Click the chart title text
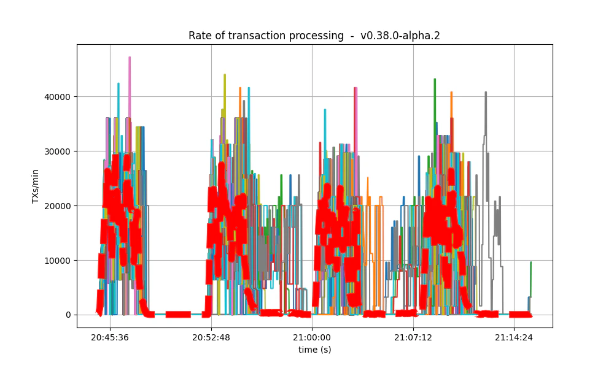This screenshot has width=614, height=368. pos(314,36)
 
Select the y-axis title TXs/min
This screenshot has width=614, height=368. pos(36,186)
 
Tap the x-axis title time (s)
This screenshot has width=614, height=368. pos(314,350)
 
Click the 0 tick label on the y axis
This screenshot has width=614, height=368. pos(68,315)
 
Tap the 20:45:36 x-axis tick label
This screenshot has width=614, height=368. pos(110,337)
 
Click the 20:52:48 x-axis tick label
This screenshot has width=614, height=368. pos(211,337)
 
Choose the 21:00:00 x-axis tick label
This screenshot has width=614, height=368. pos(312,337)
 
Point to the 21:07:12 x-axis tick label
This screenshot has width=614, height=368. pos(413,337)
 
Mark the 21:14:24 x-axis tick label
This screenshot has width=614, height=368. pos(514,337)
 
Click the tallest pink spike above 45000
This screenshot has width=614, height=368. pos(130,58)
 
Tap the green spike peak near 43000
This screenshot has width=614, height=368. pos(435,80)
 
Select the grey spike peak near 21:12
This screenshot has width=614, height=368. pos(486,93)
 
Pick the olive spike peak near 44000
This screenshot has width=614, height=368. pos(225,75)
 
